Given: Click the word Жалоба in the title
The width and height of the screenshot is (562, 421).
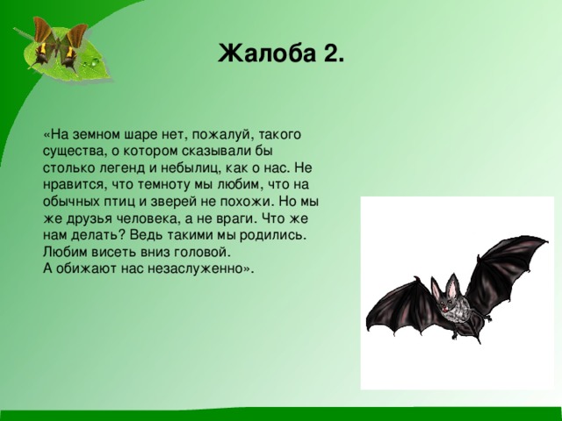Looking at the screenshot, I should pos(264,54).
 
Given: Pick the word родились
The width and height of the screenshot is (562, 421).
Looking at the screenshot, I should pos(272,236).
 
